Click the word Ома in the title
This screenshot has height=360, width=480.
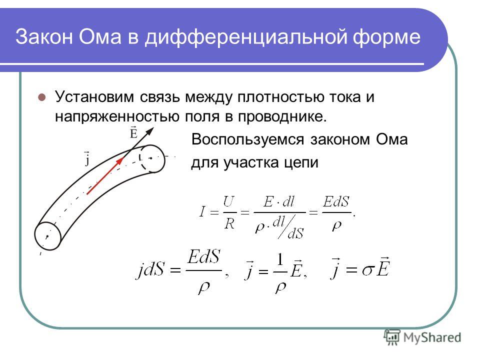coord(100,36)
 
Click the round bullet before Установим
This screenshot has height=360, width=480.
coord(41,97)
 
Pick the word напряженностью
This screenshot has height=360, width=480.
coord(117,116)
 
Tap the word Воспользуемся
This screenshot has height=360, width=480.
coord(247,139)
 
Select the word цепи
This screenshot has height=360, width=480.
coord(301,163)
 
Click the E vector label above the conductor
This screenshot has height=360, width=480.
coord(133,132)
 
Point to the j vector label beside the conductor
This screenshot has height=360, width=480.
coord(87,158)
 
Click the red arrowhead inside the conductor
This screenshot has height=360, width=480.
coord(119,161)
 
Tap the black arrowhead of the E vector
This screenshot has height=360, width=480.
coord(149,131)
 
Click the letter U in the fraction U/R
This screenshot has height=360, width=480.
coord(229,201)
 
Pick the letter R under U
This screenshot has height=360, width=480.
coord(229,224)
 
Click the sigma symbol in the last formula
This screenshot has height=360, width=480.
coord(368,270)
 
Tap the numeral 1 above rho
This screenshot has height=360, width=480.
coord(280,260)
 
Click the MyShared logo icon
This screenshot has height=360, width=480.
coord(392,337)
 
